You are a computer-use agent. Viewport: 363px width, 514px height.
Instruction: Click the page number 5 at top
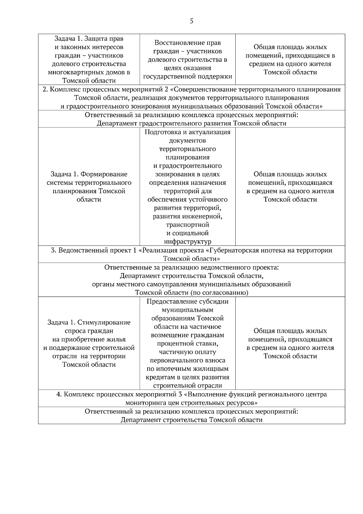(x=191, y=21)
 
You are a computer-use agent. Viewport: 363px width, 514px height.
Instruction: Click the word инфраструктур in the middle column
(x=188, y=242)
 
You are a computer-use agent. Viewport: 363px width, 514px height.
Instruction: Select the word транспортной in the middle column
(x=188, y=225)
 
